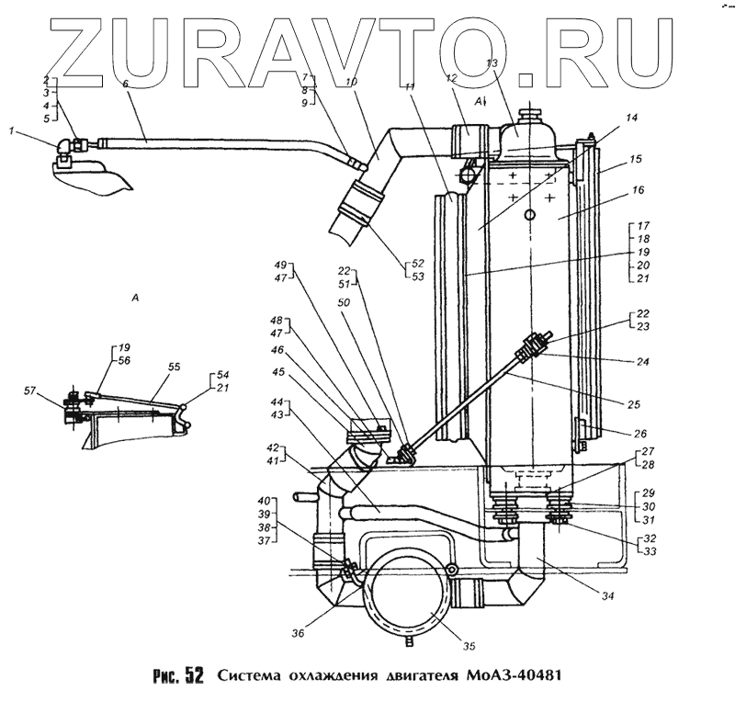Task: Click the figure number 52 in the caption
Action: [x=193, y=676]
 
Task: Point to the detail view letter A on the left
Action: [x=136, y=298]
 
